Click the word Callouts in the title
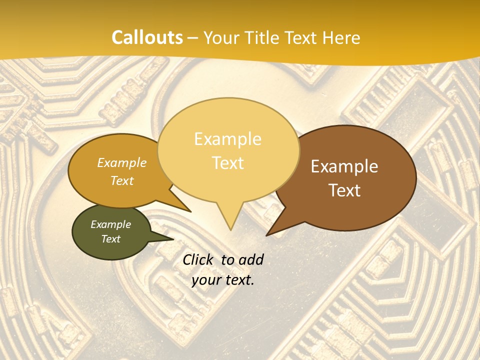pos(147,37)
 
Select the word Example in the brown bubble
pos(344,166)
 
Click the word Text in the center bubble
pos(228,163)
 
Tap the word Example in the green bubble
pos(110,224)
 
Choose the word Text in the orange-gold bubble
pos(122,180)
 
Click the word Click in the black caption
pos(198,259)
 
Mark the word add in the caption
pos(251,259)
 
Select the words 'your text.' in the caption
pos(223,280)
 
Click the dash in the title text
pos(193,38)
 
